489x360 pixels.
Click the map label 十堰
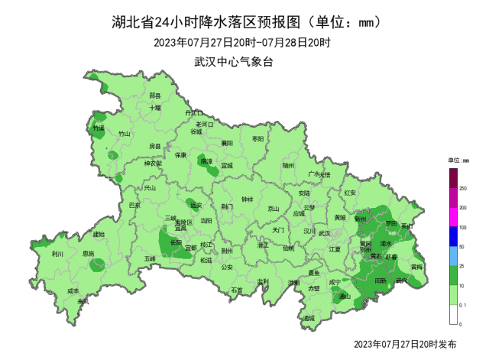155,109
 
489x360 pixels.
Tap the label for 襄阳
227,143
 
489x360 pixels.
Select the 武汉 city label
325,233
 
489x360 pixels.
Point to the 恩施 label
89,254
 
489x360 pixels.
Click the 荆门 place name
228,207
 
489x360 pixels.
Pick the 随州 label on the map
288,164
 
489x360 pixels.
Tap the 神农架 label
154,164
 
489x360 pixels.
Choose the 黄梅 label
417,268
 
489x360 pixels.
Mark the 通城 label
308,318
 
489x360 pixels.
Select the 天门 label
278,229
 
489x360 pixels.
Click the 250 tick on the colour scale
462,188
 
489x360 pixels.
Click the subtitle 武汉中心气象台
234,61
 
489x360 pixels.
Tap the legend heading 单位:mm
458,161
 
